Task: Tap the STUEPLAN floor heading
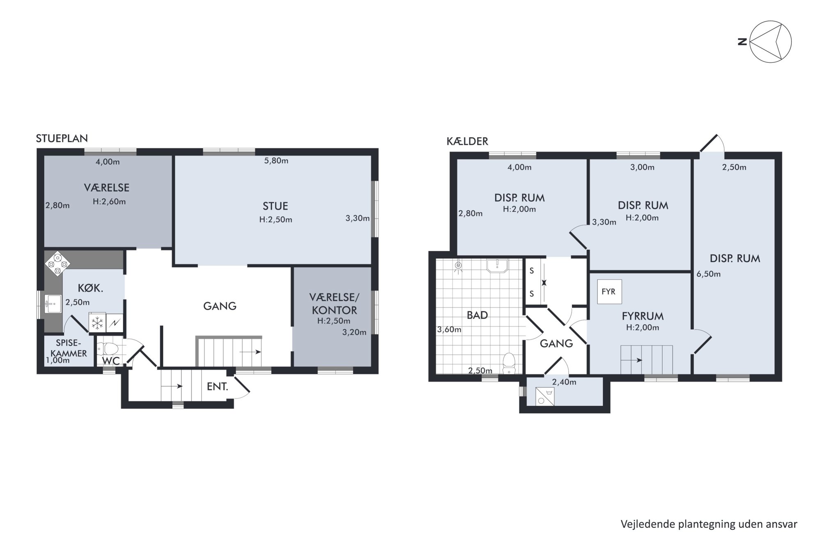pos(62,138)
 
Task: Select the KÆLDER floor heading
pos(467,142)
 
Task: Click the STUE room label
pos(275,206)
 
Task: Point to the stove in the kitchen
pos(57,263)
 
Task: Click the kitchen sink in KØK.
pos(53,304)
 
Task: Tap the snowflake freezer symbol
pos(97,323)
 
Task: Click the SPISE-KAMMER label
pos(69,348)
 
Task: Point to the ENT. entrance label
pos(217,386)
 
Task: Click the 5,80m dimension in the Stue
pos(276,161)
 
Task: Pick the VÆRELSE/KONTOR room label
pos(334,303)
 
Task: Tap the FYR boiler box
pos(609,292)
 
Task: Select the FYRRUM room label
pos(643,316)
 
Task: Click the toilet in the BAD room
pos(509,363)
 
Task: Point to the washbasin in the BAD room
pos(497,266)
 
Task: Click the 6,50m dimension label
pos(709,274)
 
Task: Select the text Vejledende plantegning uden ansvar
pos(709,525)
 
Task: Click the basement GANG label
pos(556,344)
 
